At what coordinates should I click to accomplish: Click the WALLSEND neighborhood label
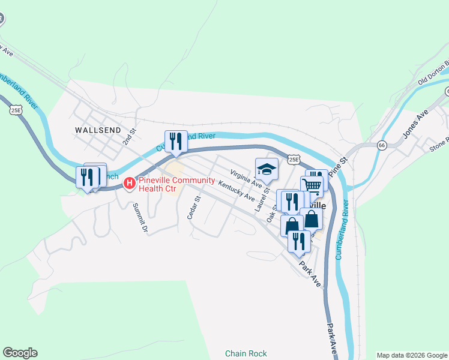point(98,129)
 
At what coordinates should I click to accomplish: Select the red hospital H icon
point(128,182)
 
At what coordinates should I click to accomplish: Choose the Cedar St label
point(193,207)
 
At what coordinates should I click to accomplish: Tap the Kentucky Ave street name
point(237,191)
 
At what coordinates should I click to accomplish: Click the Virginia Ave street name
point(247,178)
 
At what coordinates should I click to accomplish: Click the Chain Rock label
point(246,353)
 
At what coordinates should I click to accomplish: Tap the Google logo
point(20,353)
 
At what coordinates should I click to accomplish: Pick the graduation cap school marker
point(267,169)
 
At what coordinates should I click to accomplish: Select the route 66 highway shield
point(382,145)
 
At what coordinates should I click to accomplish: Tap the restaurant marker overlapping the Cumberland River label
point(176,142)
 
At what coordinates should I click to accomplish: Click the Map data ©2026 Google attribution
point(412,355)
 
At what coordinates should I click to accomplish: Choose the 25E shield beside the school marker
point(293,159)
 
